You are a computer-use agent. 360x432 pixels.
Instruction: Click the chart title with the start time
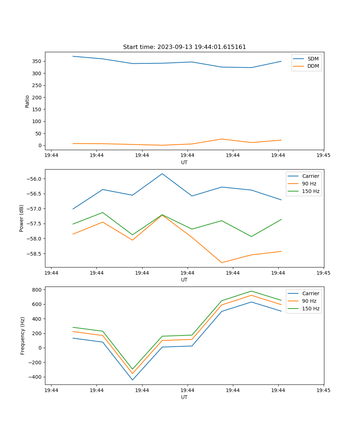tap(184, 47)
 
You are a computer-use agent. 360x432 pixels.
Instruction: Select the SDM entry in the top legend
tap(313, 59)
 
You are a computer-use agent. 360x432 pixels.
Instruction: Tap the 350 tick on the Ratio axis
tap(37, 61)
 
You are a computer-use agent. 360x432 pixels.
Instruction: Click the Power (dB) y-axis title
tap(22, 218)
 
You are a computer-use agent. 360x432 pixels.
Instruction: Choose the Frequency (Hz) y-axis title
tap(23, 336)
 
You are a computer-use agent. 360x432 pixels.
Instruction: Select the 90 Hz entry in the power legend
tap(309, 184)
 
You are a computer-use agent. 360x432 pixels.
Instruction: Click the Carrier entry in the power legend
tap(310, 176)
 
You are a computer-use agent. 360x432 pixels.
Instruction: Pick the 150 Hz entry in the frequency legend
tap(311, 309)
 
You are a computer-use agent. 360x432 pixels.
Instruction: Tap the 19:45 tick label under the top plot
tap(323, 156)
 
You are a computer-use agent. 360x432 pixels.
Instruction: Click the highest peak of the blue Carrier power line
tap(162, 174)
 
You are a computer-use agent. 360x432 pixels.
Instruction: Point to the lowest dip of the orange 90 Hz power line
tap(222, 262)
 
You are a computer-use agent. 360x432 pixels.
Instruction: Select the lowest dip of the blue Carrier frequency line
tap(132, 380)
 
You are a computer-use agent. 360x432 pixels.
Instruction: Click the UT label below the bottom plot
tap(184, 397)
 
